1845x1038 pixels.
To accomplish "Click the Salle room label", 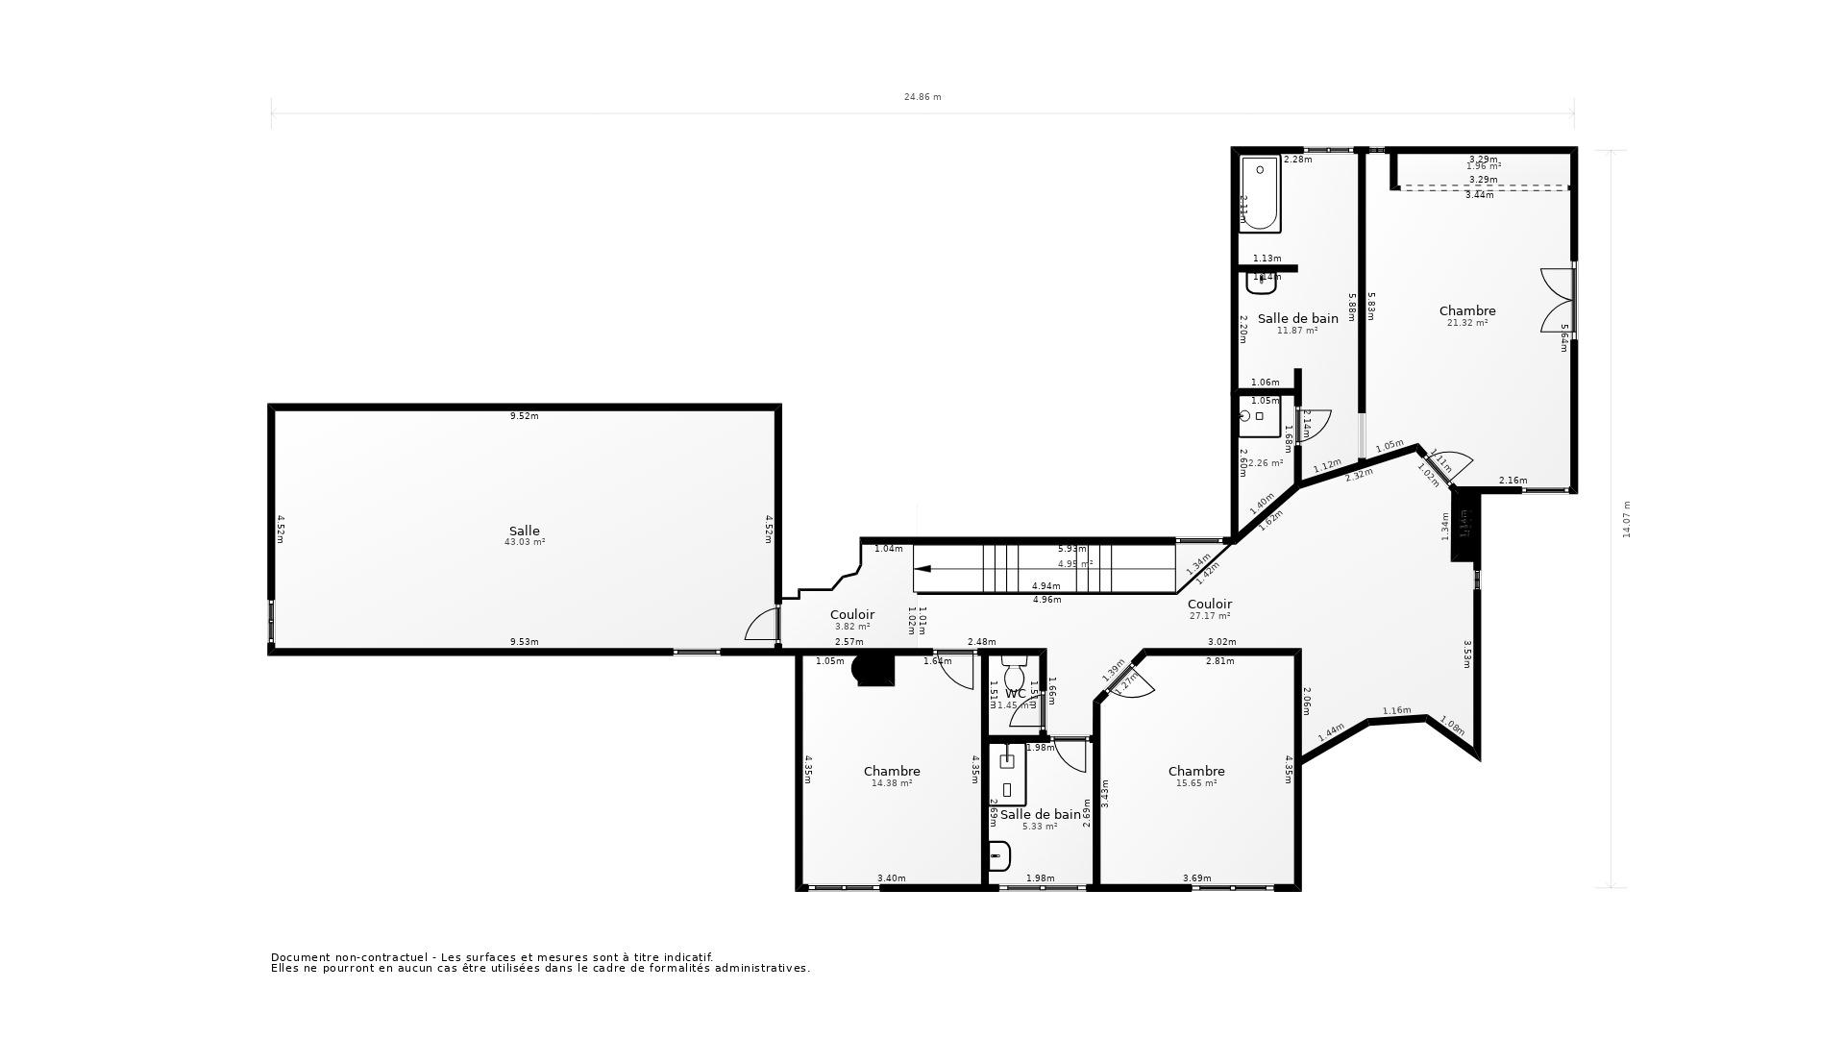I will (x=524, y=531).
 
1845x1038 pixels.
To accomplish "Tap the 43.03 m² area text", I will (x=524, y=542).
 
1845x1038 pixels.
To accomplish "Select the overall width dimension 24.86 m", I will (x=922, y=97).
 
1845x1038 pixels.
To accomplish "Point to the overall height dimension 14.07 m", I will (x=1627, y=519).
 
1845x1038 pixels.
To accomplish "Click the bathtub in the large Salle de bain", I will (x=1260, y=195).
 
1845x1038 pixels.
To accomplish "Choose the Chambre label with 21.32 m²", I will (x=1467, y=310).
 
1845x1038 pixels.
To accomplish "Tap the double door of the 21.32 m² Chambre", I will (x=1557, y=300).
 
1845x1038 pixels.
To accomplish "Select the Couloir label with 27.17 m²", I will (x=1209, y=604).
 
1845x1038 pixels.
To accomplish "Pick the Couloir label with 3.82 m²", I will (x=851, y=614).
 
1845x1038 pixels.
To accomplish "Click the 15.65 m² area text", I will (x=1196, y=783).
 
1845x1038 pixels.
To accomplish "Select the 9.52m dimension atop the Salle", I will (x=524, y=416).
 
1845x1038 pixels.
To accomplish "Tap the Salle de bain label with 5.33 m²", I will (x=1040, y=814).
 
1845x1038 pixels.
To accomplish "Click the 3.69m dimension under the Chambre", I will (x=1196, y=877).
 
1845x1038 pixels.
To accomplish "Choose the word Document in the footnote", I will (x=301, y=957).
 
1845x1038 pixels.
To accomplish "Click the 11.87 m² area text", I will (x=1296, y=331).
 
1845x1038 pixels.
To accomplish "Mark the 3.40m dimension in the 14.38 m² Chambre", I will (x=891, y=877).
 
